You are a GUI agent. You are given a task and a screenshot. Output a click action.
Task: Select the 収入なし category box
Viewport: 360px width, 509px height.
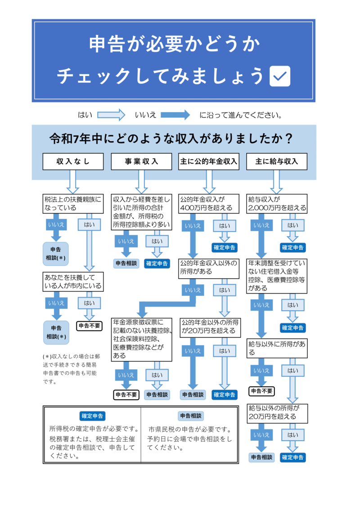pos(73,162)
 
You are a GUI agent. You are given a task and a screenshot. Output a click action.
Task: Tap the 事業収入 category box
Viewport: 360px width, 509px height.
pos(141,162)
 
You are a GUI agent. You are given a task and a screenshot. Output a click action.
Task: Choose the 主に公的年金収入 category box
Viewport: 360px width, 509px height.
pos(209,162)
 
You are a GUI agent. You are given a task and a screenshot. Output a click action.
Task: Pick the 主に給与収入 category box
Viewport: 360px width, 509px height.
pos(277,162)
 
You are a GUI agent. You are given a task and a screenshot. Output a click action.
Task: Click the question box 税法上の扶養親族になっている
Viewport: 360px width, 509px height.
pos(73,204)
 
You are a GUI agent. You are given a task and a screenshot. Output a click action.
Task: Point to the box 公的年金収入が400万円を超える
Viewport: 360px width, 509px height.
pos(209,204)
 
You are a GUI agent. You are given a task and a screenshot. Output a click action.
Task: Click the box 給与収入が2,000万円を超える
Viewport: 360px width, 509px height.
pos(277,204)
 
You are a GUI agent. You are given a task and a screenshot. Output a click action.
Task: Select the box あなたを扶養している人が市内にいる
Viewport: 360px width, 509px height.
pos(73,281)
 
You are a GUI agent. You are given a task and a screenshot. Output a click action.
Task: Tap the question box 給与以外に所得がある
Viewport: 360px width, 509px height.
pos(277,348)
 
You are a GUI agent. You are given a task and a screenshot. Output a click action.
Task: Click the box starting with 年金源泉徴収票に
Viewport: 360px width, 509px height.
pos(142,339)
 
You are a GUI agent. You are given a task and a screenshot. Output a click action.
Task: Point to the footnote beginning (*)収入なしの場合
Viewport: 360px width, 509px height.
pos(71,369)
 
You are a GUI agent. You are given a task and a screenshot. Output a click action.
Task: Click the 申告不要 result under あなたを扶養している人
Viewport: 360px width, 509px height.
pos(90,326)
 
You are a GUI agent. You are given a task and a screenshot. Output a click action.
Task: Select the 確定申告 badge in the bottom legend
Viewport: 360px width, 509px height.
pos(92,416)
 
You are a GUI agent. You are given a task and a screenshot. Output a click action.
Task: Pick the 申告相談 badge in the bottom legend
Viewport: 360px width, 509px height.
pos(190,416)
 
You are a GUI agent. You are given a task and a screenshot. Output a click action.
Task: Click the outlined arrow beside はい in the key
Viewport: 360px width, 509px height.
pos(111,115)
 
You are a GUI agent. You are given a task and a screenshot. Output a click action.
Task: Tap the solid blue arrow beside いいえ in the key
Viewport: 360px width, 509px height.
pos(175,115)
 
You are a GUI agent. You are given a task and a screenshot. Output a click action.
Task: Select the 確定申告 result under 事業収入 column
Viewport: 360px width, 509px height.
pos(157,263)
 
